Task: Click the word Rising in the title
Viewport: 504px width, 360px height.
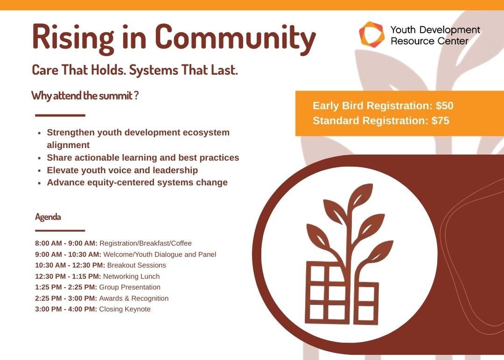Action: [x=73, y=38]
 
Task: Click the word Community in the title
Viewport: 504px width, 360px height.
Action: [x=235, y=38]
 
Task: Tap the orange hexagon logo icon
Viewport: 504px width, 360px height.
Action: [x=371, y=34]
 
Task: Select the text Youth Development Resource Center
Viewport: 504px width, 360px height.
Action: [x=435, y=35]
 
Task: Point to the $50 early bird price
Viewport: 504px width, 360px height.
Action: [x=445, y=106]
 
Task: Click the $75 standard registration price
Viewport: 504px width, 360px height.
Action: [x=441, y=120]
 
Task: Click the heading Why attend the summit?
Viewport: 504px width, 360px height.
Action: [x=85, y=96]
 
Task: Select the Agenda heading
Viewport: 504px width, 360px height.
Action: [x=48, y=217]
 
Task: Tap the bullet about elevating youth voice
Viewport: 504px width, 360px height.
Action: [x=122, y=170]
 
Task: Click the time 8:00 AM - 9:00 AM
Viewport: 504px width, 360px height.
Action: [x=66, y=243]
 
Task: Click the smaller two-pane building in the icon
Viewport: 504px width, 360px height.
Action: [x=366, y=303]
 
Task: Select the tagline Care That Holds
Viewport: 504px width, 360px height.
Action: [x=79, y=70]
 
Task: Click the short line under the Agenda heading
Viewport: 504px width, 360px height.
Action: [x=60, y=231]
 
